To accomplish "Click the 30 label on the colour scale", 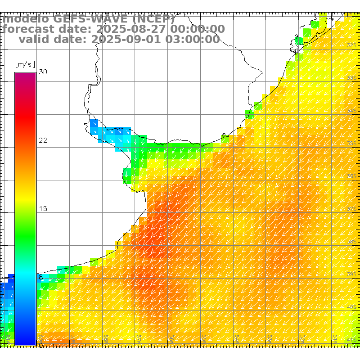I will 43,72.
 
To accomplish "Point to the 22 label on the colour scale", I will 43,140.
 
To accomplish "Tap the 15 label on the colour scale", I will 43,209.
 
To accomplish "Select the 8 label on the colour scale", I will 41,277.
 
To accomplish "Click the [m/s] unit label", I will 25,64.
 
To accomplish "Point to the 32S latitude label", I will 352,45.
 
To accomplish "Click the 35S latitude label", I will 352,143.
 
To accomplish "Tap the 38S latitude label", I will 352,241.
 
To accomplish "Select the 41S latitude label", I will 352,339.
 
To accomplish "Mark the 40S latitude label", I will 352,307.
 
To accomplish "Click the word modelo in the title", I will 26,19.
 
